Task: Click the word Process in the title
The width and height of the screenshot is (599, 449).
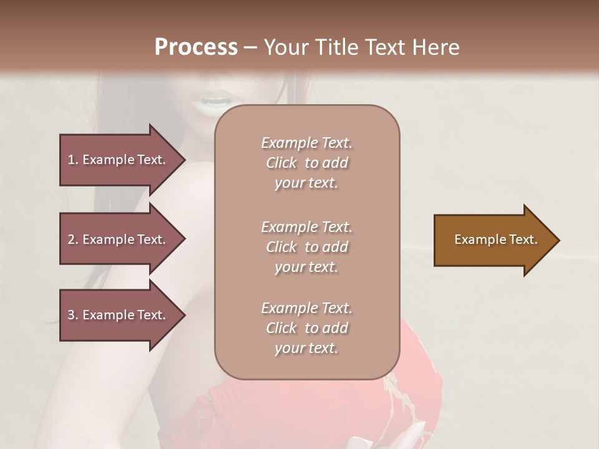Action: pyautogui.click(x=196, y=47)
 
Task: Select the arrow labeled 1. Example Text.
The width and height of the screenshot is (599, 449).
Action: pyautogui.click(x=119, y=160)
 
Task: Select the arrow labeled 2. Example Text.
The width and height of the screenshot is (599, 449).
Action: pyautogui.click(x=119, y=239)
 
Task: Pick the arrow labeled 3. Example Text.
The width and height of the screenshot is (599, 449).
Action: pyautogui.click(x=119, y=315)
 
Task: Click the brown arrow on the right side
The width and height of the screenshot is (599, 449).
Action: pyautogui.click(x=493, y=240)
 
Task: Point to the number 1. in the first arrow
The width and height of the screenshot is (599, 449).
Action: pyautogui.click(x=73, y=160)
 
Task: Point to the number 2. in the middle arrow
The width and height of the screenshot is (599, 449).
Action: pyautogui.click(x=73, y=239)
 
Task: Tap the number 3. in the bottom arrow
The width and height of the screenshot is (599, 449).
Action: pyautogui.click(x=73, y=315)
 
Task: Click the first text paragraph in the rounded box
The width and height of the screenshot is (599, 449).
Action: pyautogui.click(x=306, y=163)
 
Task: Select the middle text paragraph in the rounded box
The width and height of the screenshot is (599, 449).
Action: pyautogui.click(x=306, y=247)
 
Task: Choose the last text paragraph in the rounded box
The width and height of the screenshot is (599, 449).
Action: pyautogui.click(x=306, y=328)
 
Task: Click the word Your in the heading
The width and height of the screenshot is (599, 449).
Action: pyautogui.click(x=284, y=47)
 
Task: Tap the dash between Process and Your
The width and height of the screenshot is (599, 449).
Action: pyautogui.click(x=250, y=47)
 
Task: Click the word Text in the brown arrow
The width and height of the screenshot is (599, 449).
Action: pyautogui.click(x=524, y=239)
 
